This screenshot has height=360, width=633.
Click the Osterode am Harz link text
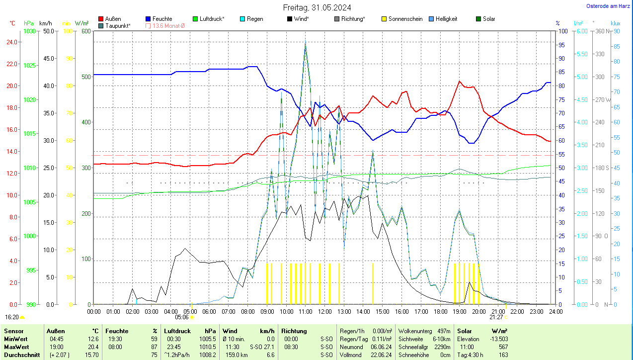(x=609, y=6)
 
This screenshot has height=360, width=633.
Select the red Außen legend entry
(x=113, y=19)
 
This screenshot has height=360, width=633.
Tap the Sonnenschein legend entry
(x=405, y=19)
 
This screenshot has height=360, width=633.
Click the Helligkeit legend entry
(x=446, y=19)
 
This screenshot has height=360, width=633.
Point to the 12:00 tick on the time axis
(x=324, y=311)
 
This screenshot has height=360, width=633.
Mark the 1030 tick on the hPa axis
(x=30, y=31)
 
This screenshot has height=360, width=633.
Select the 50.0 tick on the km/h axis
(x=49, y=31)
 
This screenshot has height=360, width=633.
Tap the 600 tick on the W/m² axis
(x=86, y=31)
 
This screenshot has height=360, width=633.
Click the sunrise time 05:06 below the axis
(x=182, y=317)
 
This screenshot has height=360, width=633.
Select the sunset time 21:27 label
(x=496, y=317)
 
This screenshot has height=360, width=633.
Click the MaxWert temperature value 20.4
(x=93, y=347)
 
